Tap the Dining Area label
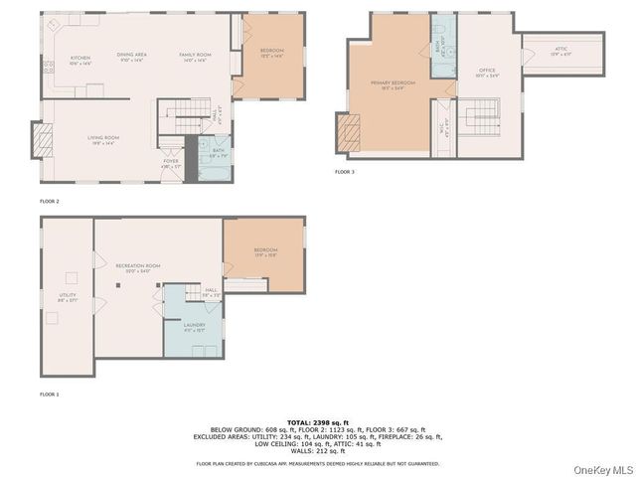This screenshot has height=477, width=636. tap(132, 56)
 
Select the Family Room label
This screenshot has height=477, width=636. tap(193, 56)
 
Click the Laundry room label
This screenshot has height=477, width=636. tap(194, 327)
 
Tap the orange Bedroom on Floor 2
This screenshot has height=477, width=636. tap(271, 52)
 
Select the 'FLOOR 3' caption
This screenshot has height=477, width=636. tap(344, 172)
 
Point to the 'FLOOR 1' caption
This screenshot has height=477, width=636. tap(50, 395)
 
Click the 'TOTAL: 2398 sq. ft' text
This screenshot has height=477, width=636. tap(318, 422)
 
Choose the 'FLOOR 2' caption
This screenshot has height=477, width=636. tap(50, 201)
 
